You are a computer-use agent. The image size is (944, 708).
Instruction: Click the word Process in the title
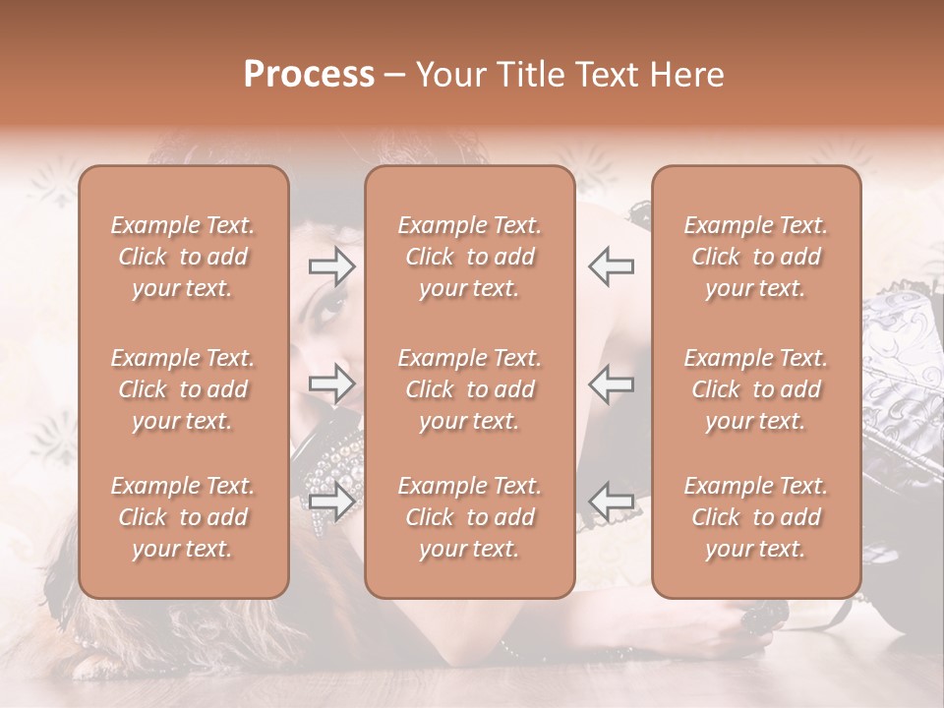pos(309,75)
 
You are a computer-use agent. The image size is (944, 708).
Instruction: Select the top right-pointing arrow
pos(332,266)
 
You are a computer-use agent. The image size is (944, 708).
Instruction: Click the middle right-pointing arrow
pos(332,383)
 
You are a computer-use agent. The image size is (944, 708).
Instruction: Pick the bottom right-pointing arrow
pos(332,501)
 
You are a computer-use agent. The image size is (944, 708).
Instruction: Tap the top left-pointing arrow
pos(611,266)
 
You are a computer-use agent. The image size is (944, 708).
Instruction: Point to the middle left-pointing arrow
pos(611,383)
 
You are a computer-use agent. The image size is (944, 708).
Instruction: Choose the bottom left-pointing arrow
pos(611,501)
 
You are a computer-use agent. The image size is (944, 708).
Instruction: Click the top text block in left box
pos(183,257)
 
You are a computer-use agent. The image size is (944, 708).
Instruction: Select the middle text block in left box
pos(183,389)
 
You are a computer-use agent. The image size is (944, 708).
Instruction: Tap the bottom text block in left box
pos(183,517)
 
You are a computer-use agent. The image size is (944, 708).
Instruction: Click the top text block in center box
pos(470,257)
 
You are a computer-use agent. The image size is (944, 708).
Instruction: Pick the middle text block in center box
pos(470,389)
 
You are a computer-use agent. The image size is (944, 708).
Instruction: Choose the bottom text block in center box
pos(470,517)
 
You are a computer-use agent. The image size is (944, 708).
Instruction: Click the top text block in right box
pos(756,257)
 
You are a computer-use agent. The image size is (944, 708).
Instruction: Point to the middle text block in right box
pos(756,389)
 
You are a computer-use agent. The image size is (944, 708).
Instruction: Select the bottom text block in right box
pos(756,517)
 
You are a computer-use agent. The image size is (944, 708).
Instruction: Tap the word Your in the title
pos(447,75)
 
